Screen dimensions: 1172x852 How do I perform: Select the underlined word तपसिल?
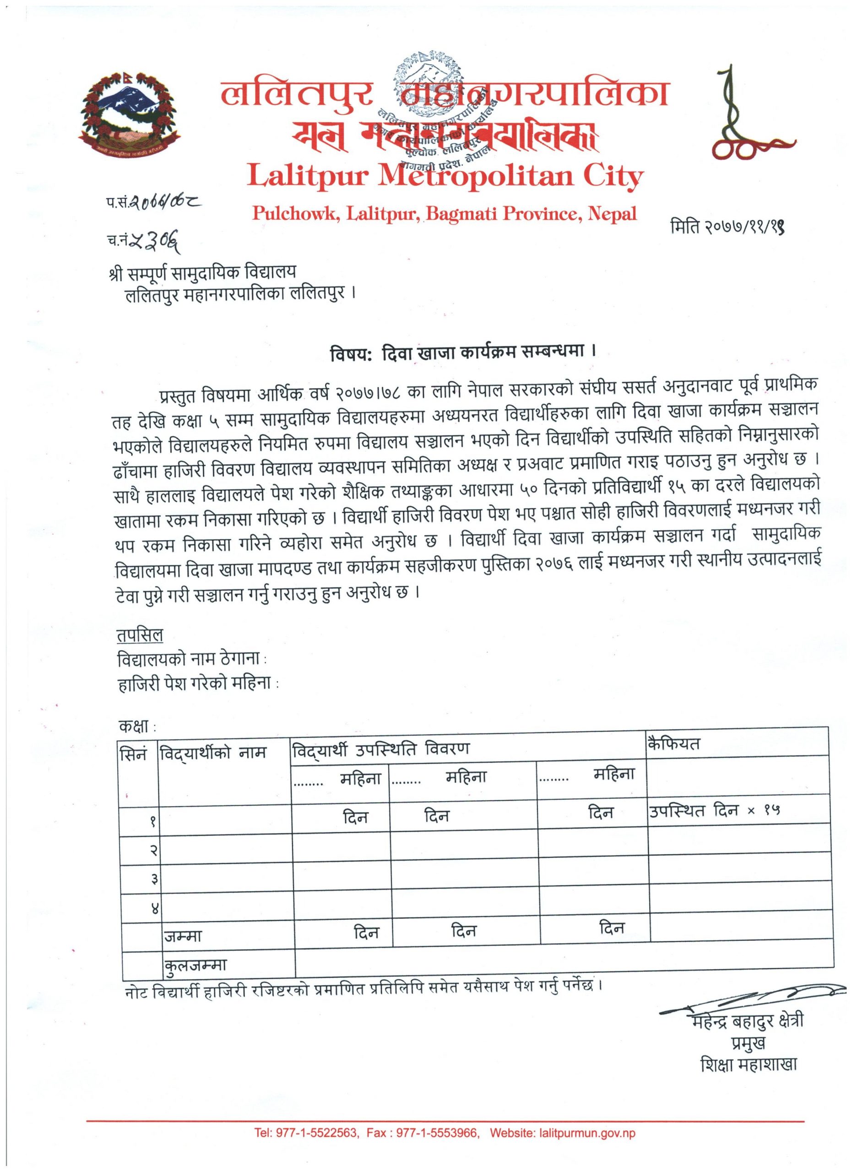[x=140, y=635]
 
